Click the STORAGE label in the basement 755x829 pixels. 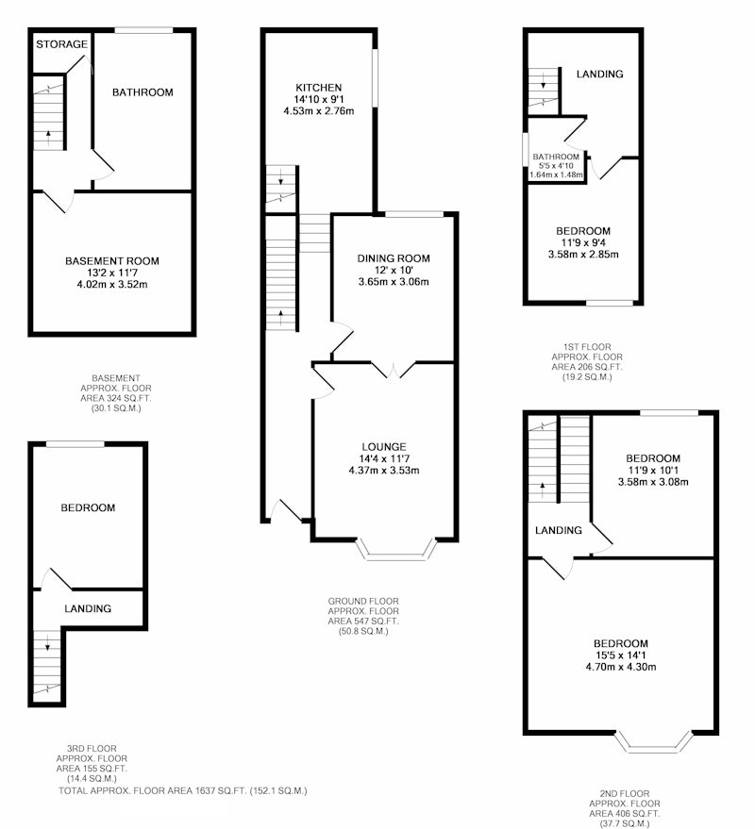tap(61, 44)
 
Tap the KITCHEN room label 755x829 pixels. tap(318, 88)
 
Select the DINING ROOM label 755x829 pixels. tap(394, 258)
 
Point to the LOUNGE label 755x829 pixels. tap(384, 447)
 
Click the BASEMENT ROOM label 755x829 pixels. tap(112, 261)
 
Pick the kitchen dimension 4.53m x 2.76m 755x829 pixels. tap(319, 111)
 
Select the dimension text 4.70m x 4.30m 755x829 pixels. tap(621, 667)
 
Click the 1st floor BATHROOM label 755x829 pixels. tap(556, 157)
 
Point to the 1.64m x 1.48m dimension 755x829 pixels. tap(557, 174)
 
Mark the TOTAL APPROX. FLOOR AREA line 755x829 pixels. tap(182, 791)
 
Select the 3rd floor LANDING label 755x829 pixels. tap(88, 609)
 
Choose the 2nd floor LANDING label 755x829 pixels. tap(559, 530)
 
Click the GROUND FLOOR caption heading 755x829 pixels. tap(363, 601)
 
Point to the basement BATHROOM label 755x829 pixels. tap(143, 92)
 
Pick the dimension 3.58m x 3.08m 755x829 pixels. tap(653, 482)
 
